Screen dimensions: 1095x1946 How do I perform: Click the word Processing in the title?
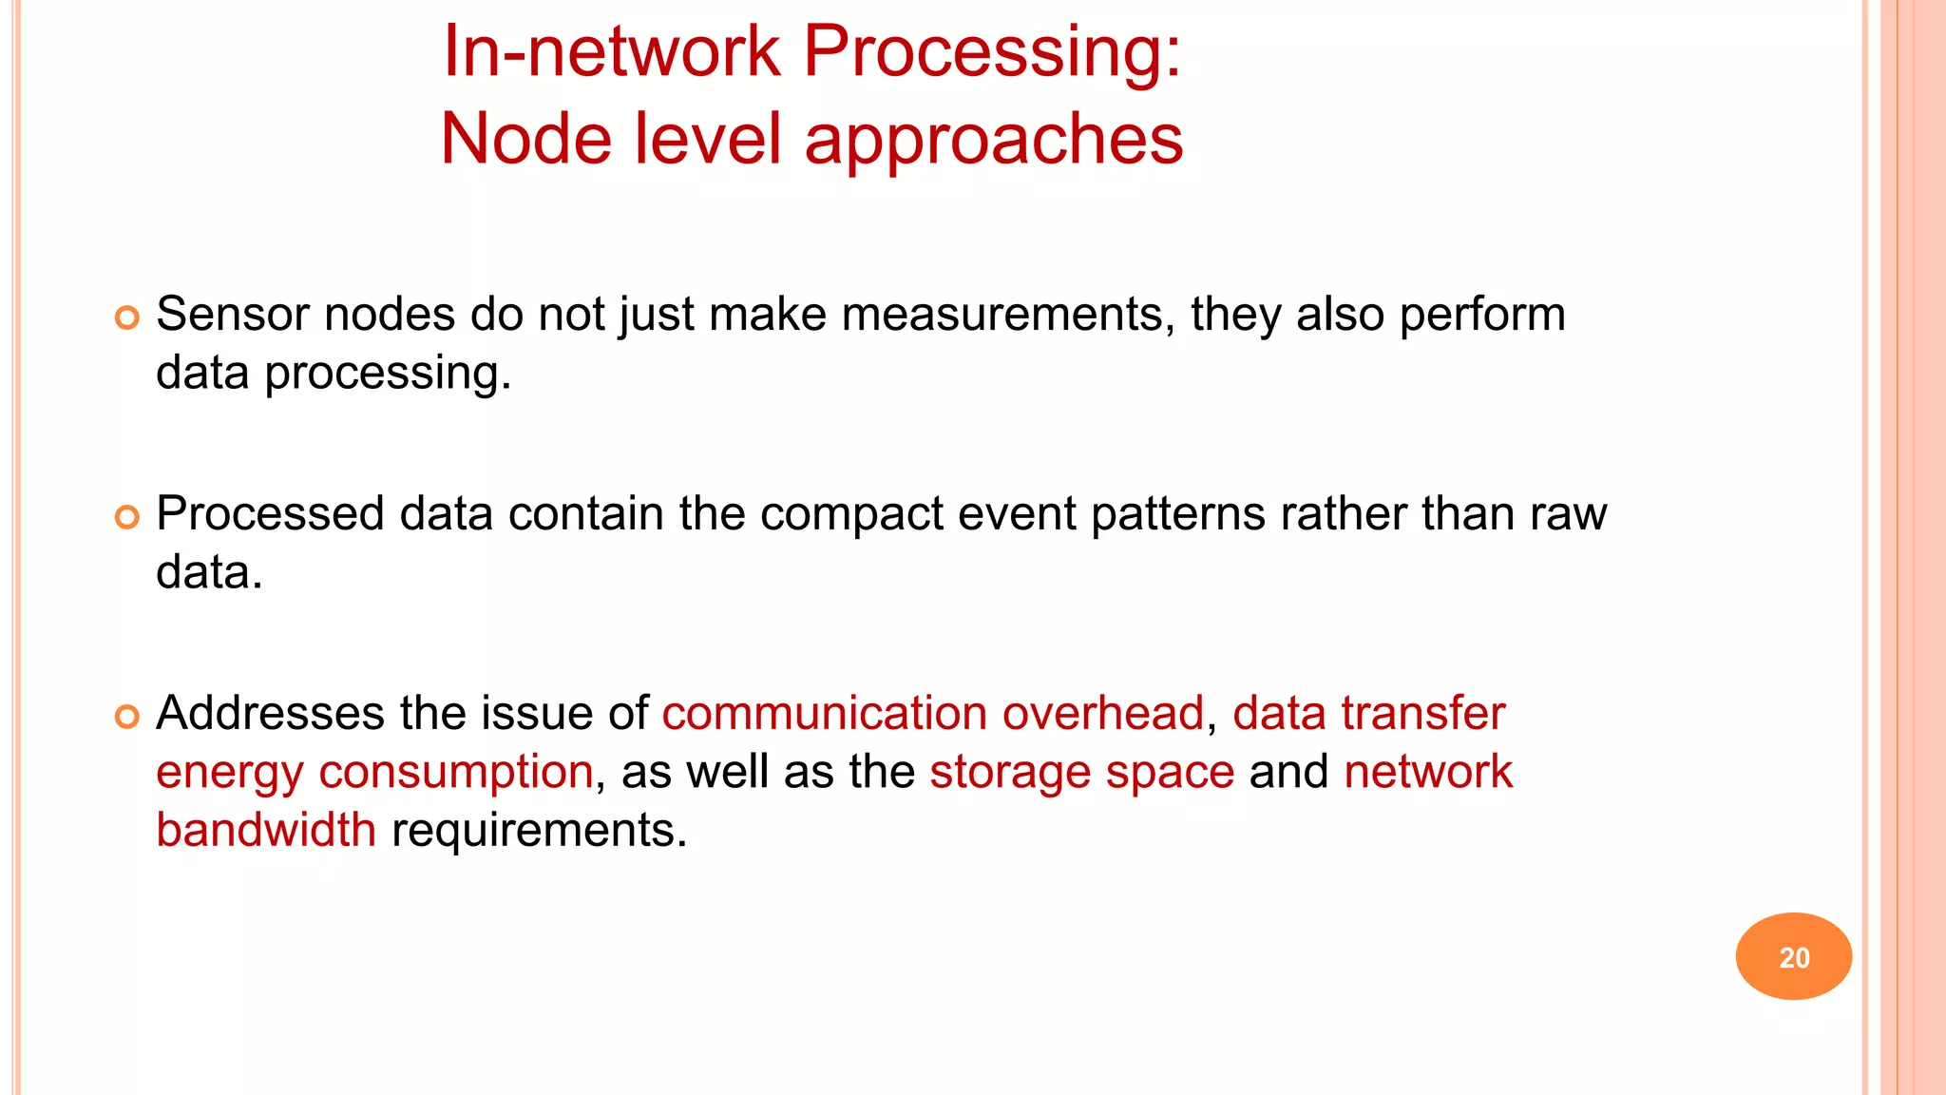pyautogui.click(x=992, y=51)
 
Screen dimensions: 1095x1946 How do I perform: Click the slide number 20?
pyautogui.click(x=1793, y=957)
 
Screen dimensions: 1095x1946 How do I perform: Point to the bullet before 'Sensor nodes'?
pyautogui.click(x=127, y=317)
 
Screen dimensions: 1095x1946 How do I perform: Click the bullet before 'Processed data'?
pyautogui.click(x=127, y=517)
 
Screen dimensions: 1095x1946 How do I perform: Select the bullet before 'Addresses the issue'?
pyautogui.click(x=127, y=717)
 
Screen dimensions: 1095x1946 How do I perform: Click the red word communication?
pyautogui.click(x=825, y=714)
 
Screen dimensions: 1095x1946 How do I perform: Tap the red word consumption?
pyautogui.click(x=456, y=773)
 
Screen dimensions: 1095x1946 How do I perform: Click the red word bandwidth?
pyautogui.click(x=266, y=830)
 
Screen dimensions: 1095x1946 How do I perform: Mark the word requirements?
pyautogui.click(x=538, y=830)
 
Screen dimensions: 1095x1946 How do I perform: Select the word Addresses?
pyautogui.click(x=270, y=714)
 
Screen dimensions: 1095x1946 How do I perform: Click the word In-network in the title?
pyautogui.click(x=611, y=51)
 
